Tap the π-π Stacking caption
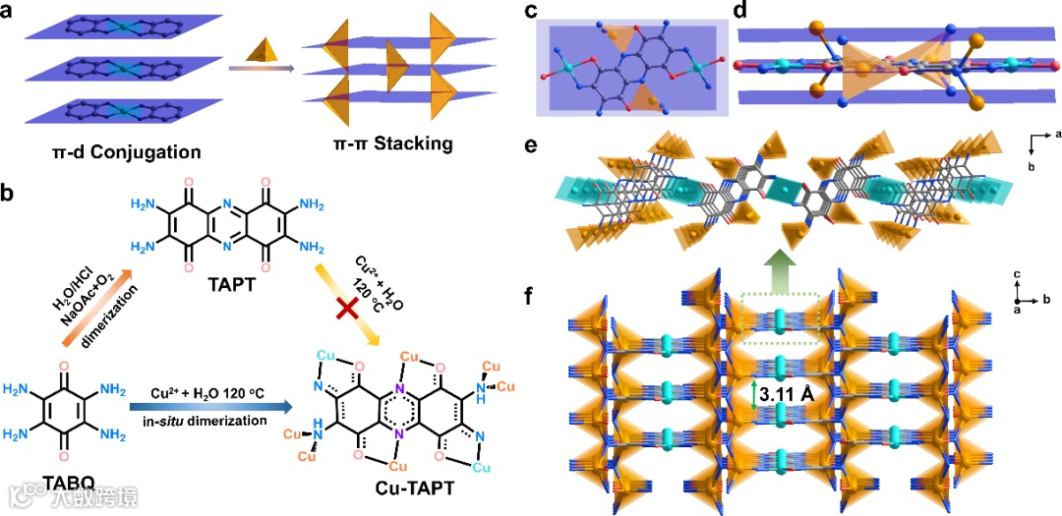pos(391,144)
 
